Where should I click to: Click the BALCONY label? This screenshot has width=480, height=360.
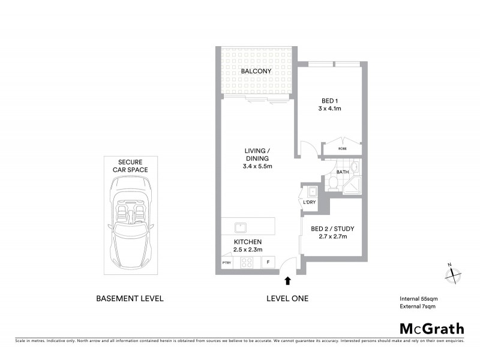(256, 71)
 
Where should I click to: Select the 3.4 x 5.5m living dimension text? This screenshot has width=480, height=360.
(257, 166)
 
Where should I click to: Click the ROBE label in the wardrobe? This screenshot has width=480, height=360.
(343, 148)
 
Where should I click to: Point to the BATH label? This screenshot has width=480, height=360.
(343, 172)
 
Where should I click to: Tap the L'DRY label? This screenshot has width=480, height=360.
(310, 202)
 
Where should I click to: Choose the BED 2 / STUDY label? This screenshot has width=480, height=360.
(329, 228)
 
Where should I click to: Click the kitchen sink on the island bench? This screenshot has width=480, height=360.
(240, 227)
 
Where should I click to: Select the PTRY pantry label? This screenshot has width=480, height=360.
(226, 263)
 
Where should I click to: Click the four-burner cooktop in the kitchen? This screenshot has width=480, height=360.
(247, 262)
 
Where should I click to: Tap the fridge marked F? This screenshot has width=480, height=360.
(268, 262)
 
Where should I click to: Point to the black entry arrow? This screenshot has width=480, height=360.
(288, 280)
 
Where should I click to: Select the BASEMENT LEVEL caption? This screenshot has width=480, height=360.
(130, 298)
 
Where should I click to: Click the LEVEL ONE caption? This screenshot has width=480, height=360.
(287, 298)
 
